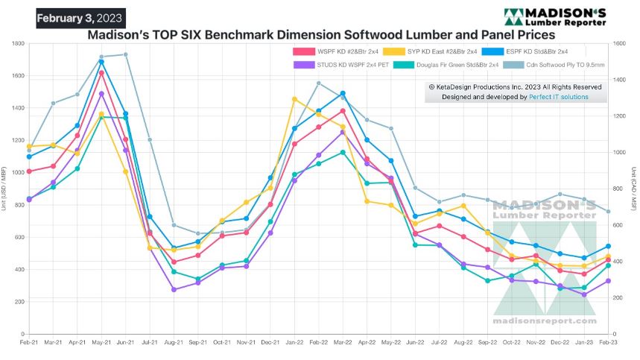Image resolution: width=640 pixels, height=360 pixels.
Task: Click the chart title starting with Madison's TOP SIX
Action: (x=321, y=34)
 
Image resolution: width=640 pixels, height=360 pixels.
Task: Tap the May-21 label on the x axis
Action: (x=101, y=343)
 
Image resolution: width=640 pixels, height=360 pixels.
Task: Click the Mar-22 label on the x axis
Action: (x=343, y=343)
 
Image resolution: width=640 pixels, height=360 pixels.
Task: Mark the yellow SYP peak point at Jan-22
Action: (x=294, y=99)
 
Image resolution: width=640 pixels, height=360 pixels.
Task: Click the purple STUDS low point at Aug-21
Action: (x=174, y=289)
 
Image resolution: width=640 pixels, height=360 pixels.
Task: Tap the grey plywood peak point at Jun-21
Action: (x=125, y=54)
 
